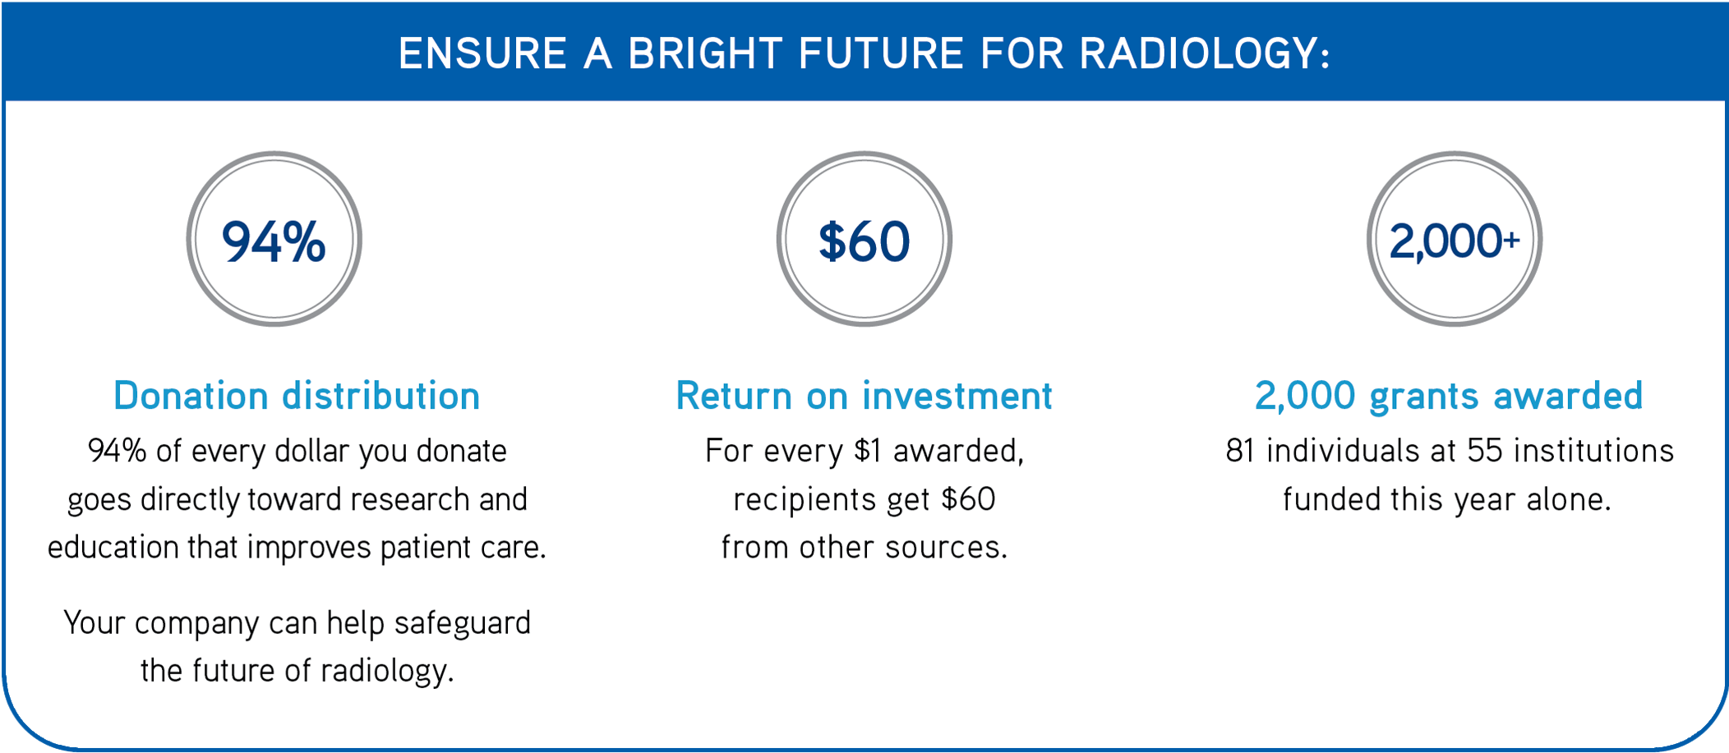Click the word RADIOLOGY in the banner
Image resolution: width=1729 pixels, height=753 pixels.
[1204, 54]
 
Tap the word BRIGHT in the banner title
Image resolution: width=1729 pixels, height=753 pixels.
[705, 54]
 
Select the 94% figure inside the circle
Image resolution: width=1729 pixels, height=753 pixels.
[274, 241]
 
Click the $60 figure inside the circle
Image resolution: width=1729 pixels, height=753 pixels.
[864, 241]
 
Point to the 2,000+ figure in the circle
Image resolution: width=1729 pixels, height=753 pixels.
[1454, 241]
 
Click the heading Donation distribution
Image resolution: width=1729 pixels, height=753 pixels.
[297, 396]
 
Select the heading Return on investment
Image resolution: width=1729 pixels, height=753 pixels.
[864, 396]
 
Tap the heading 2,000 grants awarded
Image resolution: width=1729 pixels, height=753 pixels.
[1448, 396]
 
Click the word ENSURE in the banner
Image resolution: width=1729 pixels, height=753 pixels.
[483, 54]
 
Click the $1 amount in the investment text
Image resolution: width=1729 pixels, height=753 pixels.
[868, 451]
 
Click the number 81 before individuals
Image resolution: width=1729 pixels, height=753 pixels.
[1240, 451]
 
